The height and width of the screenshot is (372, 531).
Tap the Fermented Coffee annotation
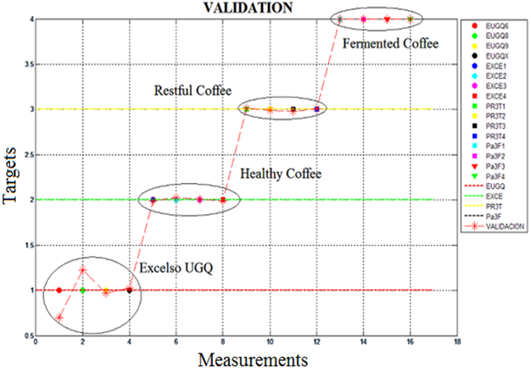[x=391, y=42]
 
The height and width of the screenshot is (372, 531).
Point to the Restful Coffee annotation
[x=192, y=91]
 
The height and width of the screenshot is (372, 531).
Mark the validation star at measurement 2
[x=82, y=270]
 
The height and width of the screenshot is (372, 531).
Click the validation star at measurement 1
[x=59, y=318]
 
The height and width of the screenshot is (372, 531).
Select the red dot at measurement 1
[x=59, y=290]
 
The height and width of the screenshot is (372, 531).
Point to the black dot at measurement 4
[x=129, y=290]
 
